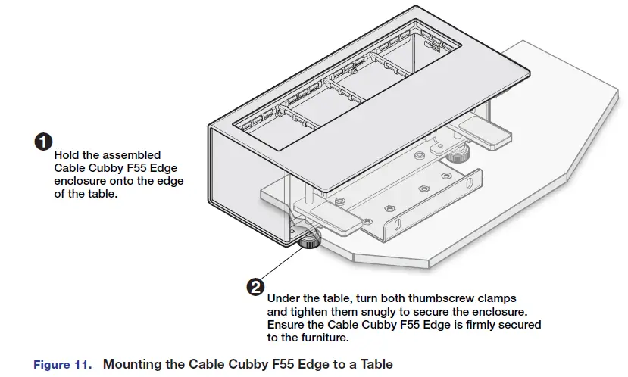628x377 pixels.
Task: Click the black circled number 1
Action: [x=44, y=142]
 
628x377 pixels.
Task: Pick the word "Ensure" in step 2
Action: [x=286, y=324]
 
